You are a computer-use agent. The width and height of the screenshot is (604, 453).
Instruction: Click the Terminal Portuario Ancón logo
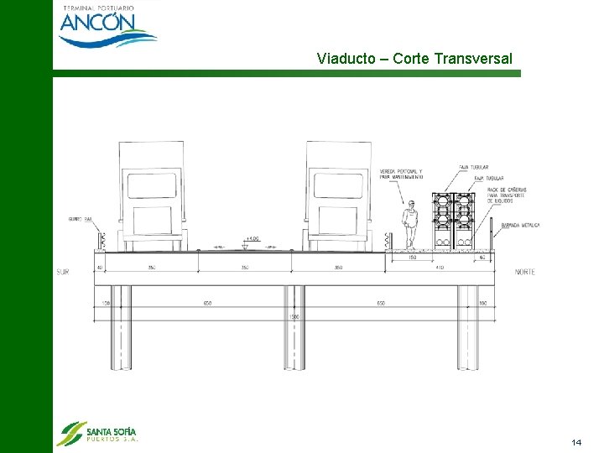107,25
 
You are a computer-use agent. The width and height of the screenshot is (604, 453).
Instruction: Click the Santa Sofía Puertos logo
96,432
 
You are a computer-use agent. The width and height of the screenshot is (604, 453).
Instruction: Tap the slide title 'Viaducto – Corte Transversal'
414,59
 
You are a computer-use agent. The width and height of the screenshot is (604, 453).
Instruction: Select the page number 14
575,442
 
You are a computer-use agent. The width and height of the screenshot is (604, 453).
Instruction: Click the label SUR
63,272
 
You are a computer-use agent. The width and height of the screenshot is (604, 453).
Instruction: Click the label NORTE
525,272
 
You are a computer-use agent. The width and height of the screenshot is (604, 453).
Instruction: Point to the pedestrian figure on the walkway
410,225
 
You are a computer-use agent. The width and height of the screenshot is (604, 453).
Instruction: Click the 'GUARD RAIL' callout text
81,219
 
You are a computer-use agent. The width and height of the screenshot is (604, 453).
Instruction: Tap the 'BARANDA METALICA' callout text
520,226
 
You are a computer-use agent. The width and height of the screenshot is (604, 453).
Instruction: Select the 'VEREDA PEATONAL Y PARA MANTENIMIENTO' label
401,174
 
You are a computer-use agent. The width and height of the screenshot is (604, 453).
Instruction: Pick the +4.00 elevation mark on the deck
253,239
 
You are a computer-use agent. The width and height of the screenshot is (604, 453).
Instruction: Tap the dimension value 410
439,268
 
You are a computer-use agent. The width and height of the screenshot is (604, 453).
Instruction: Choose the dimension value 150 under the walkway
412,258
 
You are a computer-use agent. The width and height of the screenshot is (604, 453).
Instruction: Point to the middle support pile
294,327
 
